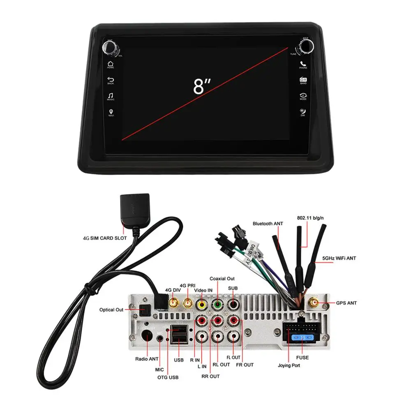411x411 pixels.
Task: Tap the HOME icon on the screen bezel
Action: click(x=111, y=63)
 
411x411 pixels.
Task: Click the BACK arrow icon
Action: click(x=111, y=79)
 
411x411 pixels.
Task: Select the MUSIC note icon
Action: click(x=111, y=95)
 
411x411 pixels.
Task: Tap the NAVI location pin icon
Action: click(x=111, y=111)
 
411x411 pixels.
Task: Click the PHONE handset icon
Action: click(x=303, y=64)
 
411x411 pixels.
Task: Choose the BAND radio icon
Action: click(x=303, y=79)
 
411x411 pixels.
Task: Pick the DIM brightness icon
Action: click(x=303, y=111)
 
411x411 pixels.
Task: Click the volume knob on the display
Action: click(x=110, y=48)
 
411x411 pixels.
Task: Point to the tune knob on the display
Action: click(x=305, y=47)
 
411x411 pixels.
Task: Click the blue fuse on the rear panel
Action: click(x=302, y=338)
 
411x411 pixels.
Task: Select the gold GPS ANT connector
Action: click(x=314, y=303)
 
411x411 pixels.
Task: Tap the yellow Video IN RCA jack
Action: click(x=202, y=305)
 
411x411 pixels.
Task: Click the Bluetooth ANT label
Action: click(x=268, y=224)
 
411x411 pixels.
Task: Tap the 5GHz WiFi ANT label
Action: click(x=339, y=258)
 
